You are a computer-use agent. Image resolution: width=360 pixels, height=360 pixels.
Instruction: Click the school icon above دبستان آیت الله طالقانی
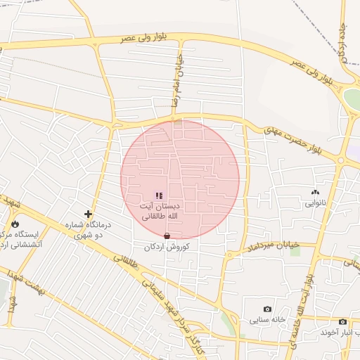click(159, 195)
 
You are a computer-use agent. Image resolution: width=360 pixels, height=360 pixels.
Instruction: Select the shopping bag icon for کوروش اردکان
click(167, 236)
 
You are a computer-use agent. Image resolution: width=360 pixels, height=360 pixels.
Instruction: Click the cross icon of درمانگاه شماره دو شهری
click(88, 214)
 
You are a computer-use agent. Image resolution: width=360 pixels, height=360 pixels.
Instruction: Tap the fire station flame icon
click(15, 224)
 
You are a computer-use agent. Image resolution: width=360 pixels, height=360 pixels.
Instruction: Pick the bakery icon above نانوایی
click(314, 192)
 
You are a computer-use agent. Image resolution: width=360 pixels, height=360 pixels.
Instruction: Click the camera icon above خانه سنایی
click(267, 309)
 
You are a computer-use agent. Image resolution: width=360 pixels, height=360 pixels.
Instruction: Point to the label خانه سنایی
click(267, 320)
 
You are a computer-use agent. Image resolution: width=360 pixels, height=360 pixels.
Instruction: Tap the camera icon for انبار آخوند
click(342, 321)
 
